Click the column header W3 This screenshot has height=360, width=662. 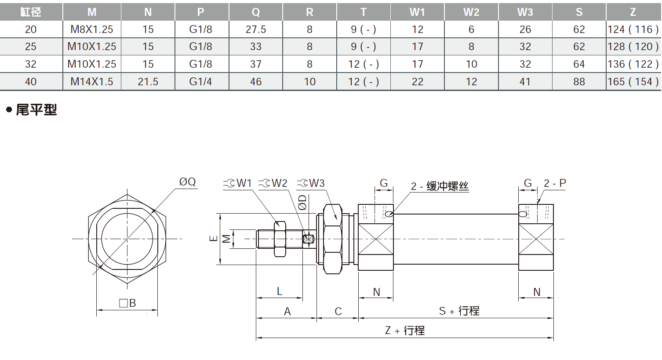tap(525, 12)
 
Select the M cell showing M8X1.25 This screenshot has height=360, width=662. tap(92, 29)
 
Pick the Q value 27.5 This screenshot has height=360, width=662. tap(255, 29)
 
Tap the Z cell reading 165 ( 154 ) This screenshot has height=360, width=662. tap(633, 82)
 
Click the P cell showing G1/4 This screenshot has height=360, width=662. tap(200, 82)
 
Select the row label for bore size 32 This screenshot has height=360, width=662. tap(31, 64)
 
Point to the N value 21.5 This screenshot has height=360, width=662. tap(148, 82)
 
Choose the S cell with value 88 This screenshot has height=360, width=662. tap(579, 82)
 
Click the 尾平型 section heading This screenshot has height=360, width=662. tap(36, 109)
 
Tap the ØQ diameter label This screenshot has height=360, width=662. tap(187, 182)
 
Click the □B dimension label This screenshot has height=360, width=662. tap(127, 303)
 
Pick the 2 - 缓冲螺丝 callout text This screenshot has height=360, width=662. tap(440, 186)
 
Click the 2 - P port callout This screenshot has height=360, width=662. tap(555, 183)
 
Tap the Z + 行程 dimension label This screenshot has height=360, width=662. tap(405, 331)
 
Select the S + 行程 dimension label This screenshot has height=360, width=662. tap(459, 311)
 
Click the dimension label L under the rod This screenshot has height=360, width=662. tap(280, 291)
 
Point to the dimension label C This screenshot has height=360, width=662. tap(338, 311)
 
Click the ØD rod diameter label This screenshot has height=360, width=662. tap(302, 202)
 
